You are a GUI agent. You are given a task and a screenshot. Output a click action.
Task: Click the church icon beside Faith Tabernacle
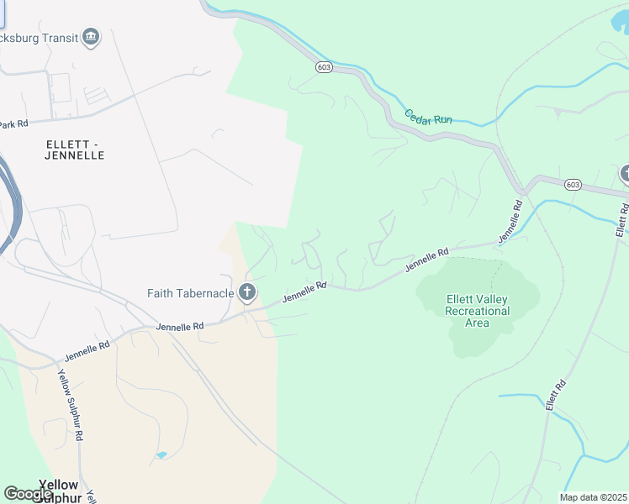pos(246,292)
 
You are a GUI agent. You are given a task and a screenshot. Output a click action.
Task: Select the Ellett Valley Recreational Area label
pos(478,311)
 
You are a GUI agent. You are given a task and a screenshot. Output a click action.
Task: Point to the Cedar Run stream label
pos(428,118)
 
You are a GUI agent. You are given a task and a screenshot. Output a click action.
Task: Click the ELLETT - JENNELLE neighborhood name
pos(76,150)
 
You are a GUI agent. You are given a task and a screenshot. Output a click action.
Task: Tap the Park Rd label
pos(13,123)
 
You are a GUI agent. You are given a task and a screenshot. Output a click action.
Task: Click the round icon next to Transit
pos(92,37)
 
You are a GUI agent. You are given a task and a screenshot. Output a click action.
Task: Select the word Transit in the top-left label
pos(60,38)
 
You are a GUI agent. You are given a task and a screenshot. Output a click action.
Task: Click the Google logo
pos(29,494)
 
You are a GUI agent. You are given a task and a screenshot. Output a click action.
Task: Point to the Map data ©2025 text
pos(594,497)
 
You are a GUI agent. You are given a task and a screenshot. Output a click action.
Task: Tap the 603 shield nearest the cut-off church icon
pos(573,184)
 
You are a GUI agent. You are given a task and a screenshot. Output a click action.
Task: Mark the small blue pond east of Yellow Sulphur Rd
pos(161,455)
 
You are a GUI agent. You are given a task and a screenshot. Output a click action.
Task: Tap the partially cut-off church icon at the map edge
pos(625,174)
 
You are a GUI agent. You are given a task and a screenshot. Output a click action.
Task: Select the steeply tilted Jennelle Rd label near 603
pos(510,222)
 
